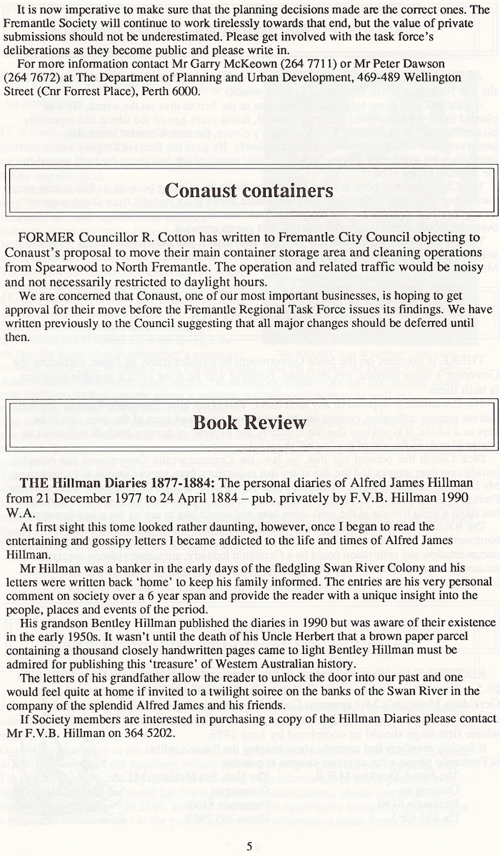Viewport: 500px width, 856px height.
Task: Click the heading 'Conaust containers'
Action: (249, 191)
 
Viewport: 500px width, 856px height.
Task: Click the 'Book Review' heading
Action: (249, 422)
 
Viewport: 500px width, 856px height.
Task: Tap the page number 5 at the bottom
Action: (249, 846)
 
